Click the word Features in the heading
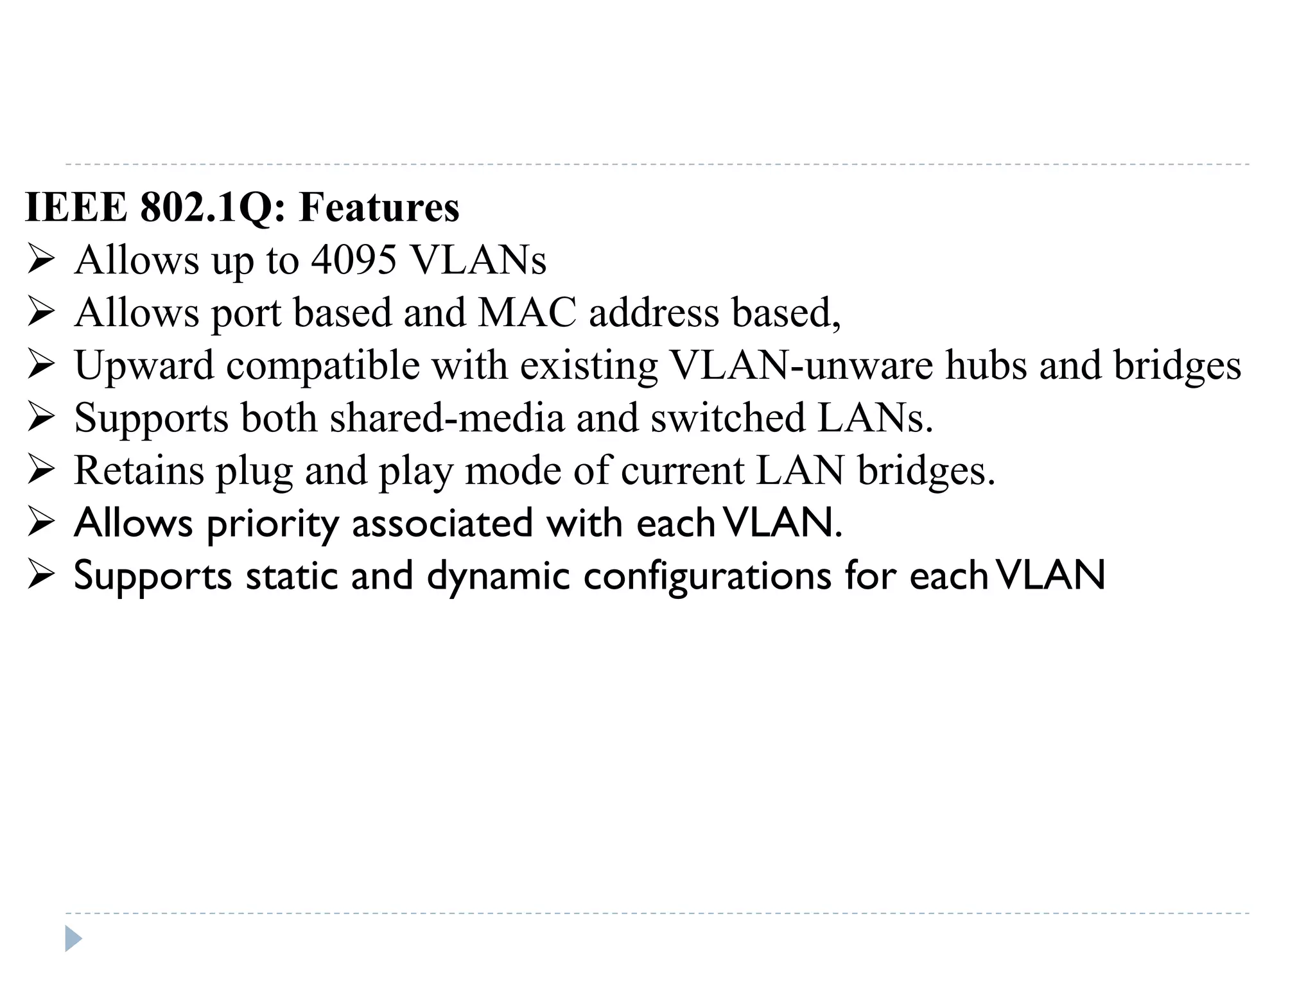(x=379, y=207)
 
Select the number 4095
(x=354, y=260)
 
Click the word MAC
(x=527, y=313)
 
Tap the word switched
(x=728, y=418)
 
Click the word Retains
(x=139, y=471)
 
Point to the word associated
(x=442, y=523)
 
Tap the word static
(x=292, y=576)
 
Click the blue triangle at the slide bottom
(x=73, y=938)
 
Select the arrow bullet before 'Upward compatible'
(x=41, y=365)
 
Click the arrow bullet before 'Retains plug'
(x=41, y=471)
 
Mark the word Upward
(x=144, y=365)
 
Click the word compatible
(x=322, y=367)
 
